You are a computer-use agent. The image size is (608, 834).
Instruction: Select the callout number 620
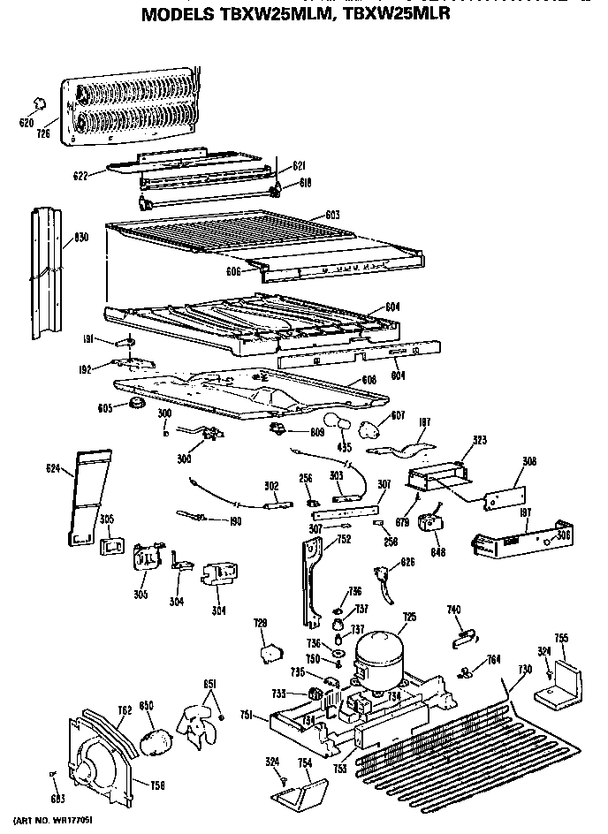click(x=27, y=124)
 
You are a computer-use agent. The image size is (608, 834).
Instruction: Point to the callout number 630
click(x=80, y=237)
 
